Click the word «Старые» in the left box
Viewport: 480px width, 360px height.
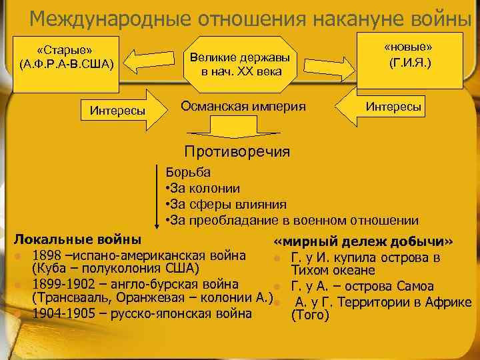65,51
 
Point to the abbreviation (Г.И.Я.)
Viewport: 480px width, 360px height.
408,65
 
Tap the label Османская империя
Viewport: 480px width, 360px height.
243,106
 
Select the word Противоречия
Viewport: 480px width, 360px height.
237,151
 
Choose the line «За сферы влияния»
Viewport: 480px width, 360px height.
225,205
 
